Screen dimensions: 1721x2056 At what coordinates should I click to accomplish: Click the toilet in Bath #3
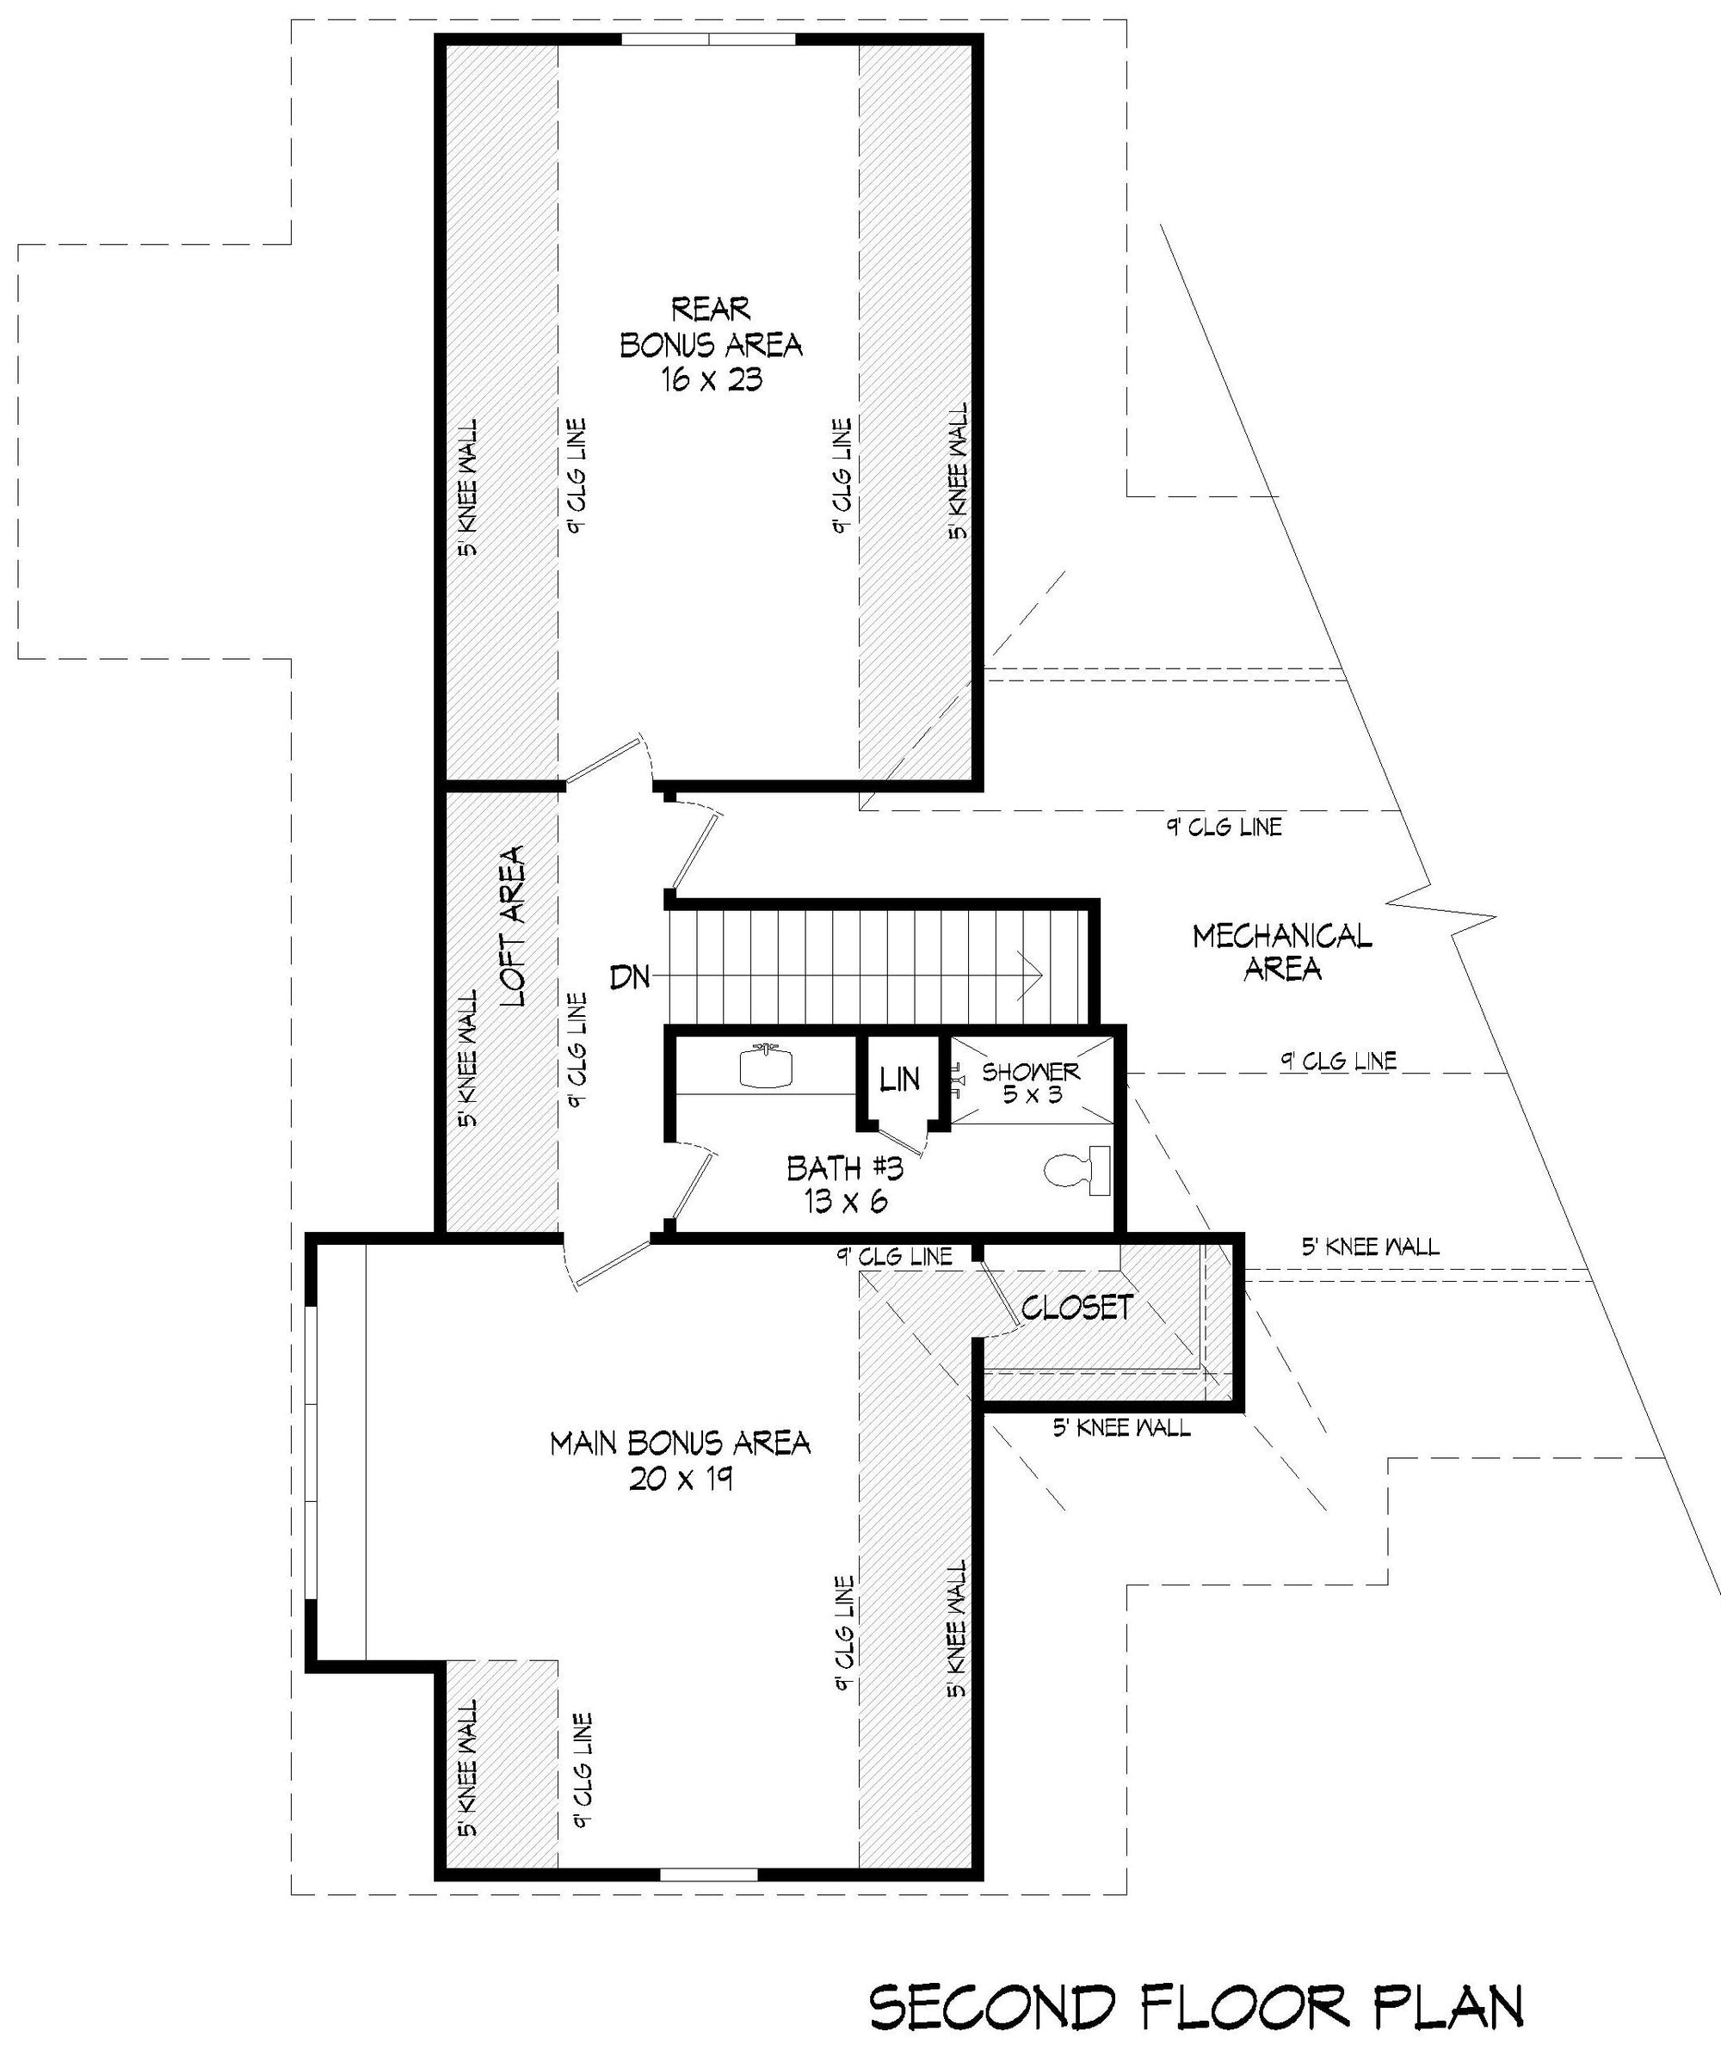(1076, 1170)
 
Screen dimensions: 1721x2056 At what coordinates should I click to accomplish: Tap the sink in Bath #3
(766, 1066)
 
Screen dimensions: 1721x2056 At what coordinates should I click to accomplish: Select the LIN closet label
(899, 1079)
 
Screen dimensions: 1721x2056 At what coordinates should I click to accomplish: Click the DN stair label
(630, 976)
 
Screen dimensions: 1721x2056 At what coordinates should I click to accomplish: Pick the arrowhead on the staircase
(1029, 976)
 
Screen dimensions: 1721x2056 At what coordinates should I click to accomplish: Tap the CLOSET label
(1077, 1306)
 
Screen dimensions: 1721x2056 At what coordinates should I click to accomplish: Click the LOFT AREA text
(513, 926)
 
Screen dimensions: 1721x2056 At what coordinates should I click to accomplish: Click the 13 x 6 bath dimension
(846, 1201)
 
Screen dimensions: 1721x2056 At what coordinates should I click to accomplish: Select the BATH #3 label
(844, 1168)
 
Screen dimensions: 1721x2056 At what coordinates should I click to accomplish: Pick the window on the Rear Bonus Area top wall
(708, 40)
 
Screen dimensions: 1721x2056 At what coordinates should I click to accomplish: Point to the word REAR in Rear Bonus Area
(711, 310)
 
